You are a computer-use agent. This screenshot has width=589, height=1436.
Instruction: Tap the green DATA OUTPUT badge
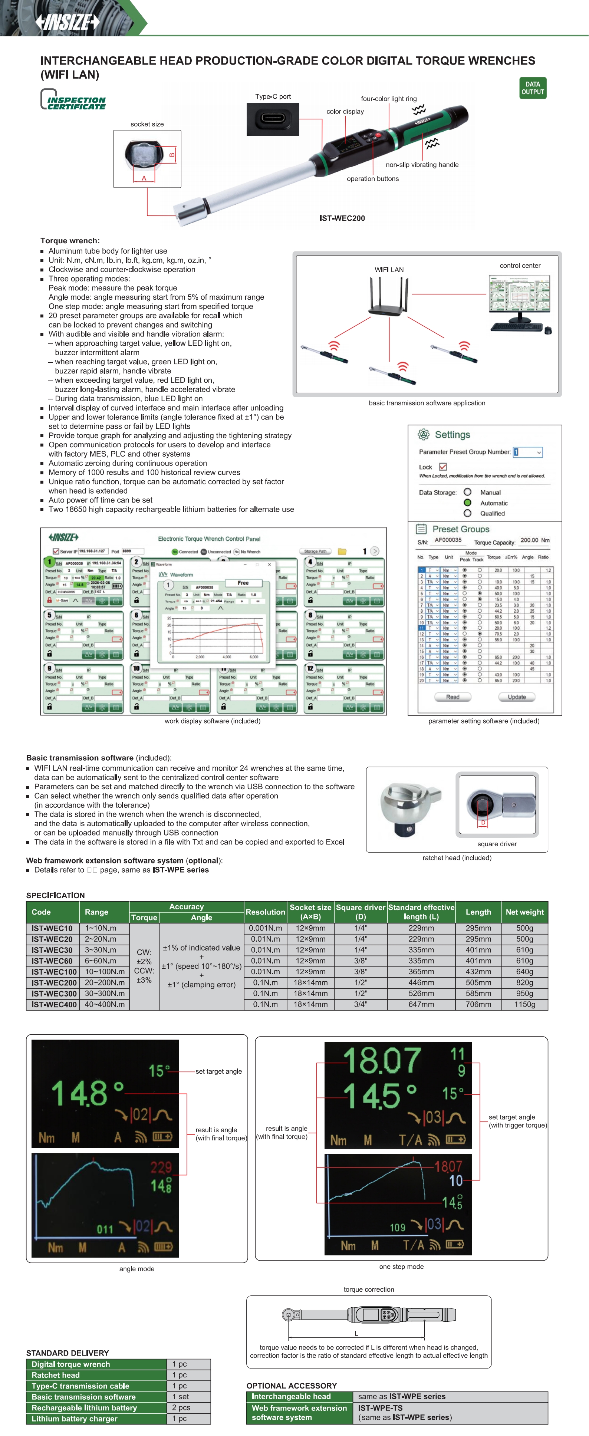pyautogui.click(x=532, y=88)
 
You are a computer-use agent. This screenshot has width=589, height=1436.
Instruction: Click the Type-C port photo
pyautogui.click(x=273, y=119)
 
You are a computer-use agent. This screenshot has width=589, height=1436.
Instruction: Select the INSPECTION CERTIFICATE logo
pyautogui.click(x=73, y=100)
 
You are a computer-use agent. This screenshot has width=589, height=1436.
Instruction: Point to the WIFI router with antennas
pyautogui.click(x=389, y=296)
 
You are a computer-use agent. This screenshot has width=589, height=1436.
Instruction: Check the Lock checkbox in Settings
pyautogui.click(x=443, y=467)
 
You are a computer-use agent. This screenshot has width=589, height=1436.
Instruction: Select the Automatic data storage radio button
pyautogui.click(x=467, y=503)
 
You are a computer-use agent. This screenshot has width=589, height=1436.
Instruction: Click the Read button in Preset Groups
pyautogui.click(x=453, y=697)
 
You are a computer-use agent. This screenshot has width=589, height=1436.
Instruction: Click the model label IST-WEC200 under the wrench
pyautogui.click(x=342, y=218)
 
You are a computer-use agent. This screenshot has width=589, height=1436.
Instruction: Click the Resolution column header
pyautogui.click(x=265, y=912)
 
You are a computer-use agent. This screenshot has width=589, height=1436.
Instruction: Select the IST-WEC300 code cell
pyautogui.click(x=52, y=994)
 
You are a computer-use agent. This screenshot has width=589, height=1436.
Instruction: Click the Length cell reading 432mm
pyautogui.click(x=478, y=972)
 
